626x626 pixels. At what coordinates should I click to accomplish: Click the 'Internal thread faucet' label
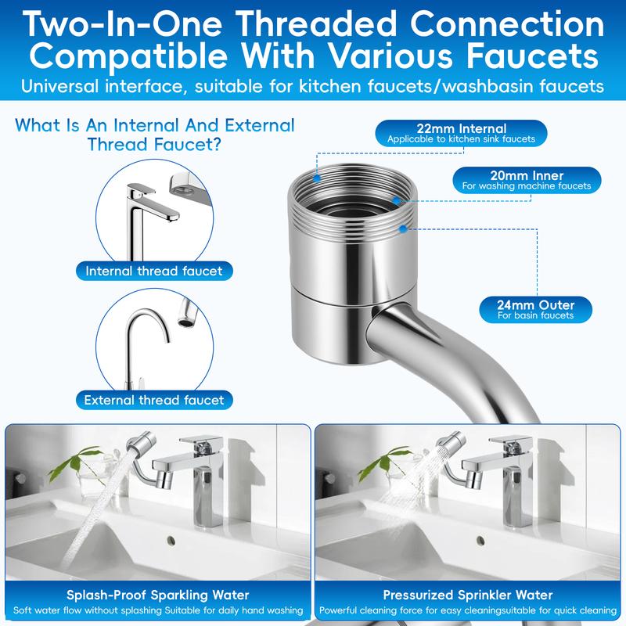tap(154, 272)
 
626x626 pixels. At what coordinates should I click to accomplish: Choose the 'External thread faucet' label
tap(154, 400)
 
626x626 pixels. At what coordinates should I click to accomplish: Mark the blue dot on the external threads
tap(402, 228)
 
